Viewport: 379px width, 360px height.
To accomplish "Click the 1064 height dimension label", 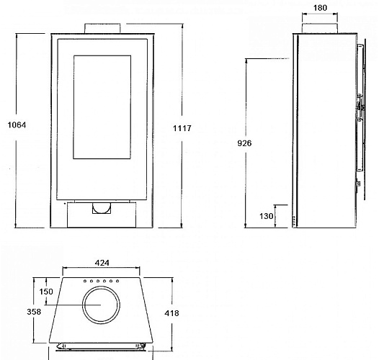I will tap(16, 125).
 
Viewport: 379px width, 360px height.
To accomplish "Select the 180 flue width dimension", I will tap(320, 9).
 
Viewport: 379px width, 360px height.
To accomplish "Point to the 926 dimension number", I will tap(245, 143).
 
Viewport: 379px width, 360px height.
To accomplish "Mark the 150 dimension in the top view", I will tap(47, 292).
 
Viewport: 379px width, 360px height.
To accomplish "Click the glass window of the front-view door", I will tap(102, 108).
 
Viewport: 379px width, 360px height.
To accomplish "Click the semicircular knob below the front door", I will tap(102, 209).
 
